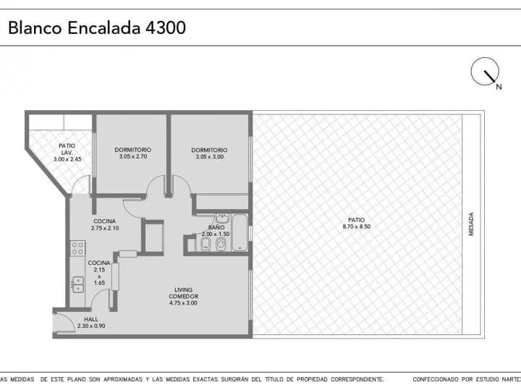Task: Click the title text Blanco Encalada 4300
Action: [97, 27]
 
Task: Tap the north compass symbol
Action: [485, 72]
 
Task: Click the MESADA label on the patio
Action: [471, 224]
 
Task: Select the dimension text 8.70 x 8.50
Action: [357, 227]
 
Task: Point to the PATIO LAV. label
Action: [67, 149]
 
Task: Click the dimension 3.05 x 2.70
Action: [133, 156]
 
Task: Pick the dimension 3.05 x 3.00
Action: [209, 157]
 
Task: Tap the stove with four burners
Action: [77, 248]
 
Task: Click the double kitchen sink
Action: [78, 284]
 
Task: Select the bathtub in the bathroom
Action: [240, 232]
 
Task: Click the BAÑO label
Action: [216, 227]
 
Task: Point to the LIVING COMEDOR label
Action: [183, 293]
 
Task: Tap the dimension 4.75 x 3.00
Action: [183, 303]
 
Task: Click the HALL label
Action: [91, 319]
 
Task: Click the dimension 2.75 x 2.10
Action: [105, 228]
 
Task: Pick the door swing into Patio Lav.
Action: [81, 185]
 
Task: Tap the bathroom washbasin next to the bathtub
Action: [222, 219]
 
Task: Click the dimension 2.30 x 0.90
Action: [91, 326]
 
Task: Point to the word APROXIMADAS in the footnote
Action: [123, 379]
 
